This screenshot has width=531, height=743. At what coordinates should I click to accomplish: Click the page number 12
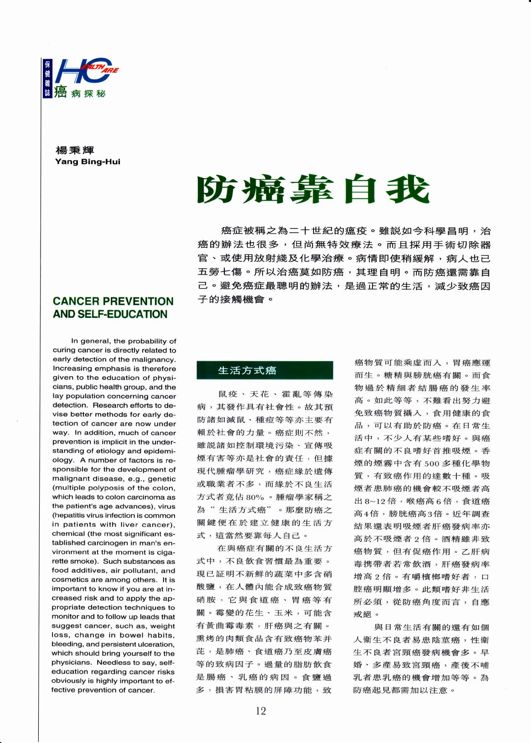point(261,711)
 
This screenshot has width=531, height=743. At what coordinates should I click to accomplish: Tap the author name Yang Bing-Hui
point(88,161)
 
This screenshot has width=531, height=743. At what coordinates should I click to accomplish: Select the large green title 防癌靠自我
point(313,189)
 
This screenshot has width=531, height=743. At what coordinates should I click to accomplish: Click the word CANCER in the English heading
point(76,301)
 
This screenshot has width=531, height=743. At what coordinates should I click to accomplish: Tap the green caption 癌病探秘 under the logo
point(80,93)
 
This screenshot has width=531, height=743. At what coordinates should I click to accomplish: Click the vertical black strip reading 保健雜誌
point(47,78)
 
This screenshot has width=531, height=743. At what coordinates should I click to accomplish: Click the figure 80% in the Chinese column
point(255,497)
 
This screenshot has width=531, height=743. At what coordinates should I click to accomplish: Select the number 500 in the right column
point(431,463)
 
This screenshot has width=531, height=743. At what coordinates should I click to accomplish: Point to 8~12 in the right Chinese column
point(374,501)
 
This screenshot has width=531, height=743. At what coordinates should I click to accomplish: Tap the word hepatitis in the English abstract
point(70,515)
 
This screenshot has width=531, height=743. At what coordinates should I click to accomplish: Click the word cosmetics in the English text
point(68,580)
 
